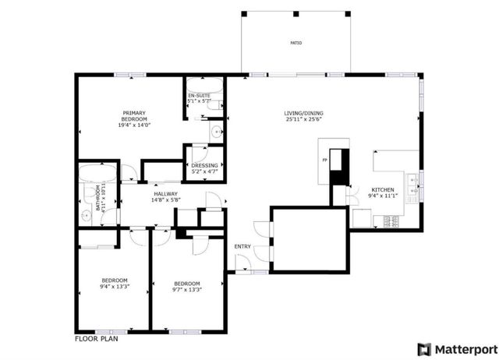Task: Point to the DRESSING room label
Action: pyautogui.click(x=205, y=165)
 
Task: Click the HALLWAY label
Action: pyautogui.click(x=165, y=194)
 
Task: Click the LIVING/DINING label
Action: pyautogui.click(x=303, y=114)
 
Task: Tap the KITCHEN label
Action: pyautogui.click(x=382, y=189)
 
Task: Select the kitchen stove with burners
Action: pyautogui.click(x=393, y=221)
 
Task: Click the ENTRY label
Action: pyautogui.click(x=242, y=247)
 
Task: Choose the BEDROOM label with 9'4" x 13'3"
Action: pyautogui.click(x=114, y=281)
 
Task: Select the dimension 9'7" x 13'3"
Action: pyautogui.click(x=187, y=290)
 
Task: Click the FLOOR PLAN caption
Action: pyautogui.click(x=96, y=340)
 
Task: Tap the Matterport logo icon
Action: pyautogui.click(x=424, y=348)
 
